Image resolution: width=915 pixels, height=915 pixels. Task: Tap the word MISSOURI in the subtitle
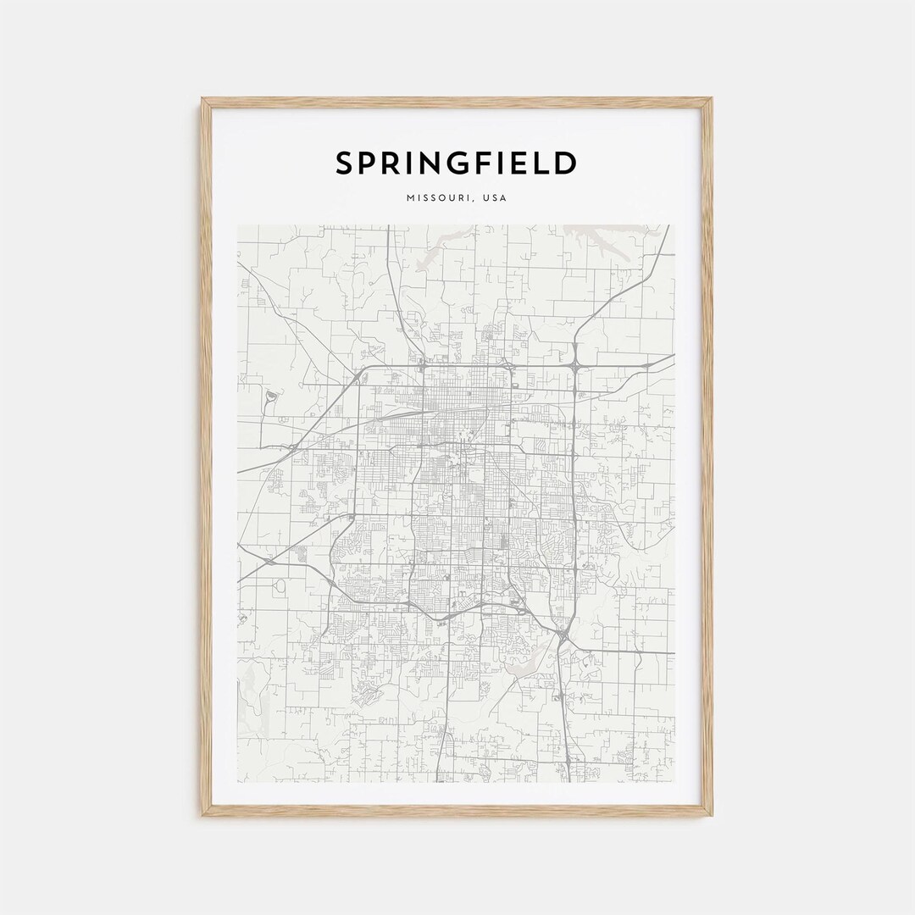pyautogui.click(x=436, y=198)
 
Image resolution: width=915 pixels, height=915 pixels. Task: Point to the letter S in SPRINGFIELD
pyautogui.click(x=345, y=163)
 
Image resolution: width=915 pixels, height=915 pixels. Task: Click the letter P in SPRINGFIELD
pyautogui.click(x=370, y=163)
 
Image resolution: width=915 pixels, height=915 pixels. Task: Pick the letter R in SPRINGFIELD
pyautogui.click(x=396, y=163)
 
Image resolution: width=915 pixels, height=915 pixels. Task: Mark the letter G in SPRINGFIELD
pyautogui.click(x=470, y=163)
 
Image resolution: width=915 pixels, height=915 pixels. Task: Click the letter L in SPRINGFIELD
pyautogui.click(x=544, y=163)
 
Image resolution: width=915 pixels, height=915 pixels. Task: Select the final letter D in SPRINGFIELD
pyautogui.click(x=567, y=163)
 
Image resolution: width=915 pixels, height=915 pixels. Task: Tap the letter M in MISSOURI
pyautogui.click(x=410, y=198)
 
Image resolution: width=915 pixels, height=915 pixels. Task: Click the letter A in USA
pyautogui.click(x=503, y=198)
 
